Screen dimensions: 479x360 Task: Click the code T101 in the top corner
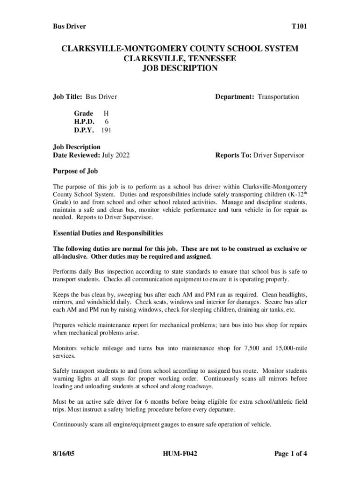point(299,27)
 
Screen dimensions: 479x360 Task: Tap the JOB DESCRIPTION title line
point(180,68)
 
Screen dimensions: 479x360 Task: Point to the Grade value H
point(106,113)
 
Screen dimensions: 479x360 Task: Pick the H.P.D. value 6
point(107,122)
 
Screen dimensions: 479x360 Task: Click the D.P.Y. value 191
point(106,130)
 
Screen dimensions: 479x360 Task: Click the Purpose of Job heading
point(75,171)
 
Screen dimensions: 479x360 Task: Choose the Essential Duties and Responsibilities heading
point(108,233)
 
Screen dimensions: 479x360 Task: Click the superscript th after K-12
point(304,192)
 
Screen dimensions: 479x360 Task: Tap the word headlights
point(292,295)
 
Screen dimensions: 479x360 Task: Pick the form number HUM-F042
point(180,453)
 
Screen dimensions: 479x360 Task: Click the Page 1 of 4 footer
point(290,453)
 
